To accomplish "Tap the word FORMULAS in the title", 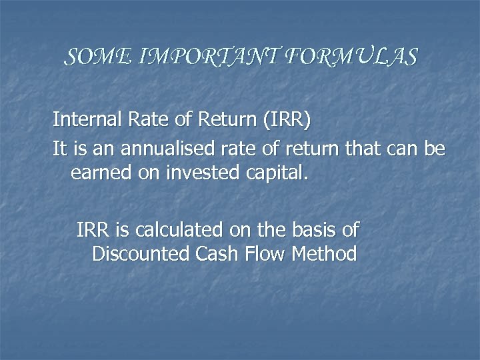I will (351, 57).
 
